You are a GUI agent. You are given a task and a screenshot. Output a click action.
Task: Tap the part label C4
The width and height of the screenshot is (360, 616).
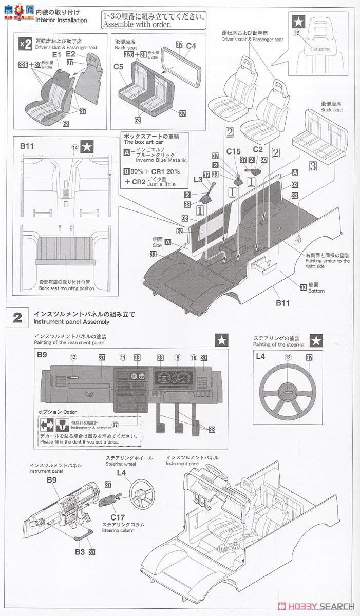tap(191, 45)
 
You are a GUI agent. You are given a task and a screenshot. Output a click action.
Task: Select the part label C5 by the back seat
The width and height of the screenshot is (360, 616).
tap(119, 67)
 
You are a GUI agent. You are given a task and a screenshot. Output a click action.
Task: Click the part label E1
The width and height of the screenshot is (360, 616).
tap(56, 54)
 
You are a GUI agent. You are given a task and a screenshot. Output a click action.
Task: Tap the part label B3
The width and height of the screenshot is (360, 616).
tap(79, 552)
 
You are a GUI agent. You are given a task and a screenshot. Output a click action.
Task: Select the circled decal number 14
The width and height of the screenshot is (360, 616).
tap(75, 148)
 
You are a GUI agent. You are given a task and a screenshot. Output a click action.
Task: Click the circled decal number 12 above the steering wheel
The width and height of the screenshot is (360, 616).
tap(288, 357)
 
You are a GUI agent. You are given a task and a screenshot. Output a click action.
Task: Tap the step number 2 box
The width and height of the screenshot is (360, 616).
tap(17, 318)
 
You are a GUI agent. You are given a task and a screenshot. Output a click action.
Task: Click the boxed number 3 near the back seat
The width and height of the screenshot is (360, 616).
tap(313, 166)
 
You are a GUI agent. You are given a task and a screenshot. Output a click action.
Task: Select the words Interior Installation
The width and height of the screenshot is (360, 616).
tap(61, 20)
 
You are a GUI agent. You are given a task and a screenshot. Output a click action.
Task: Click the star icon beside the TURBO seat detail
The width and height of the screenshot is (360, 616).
tap(298, 21)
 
